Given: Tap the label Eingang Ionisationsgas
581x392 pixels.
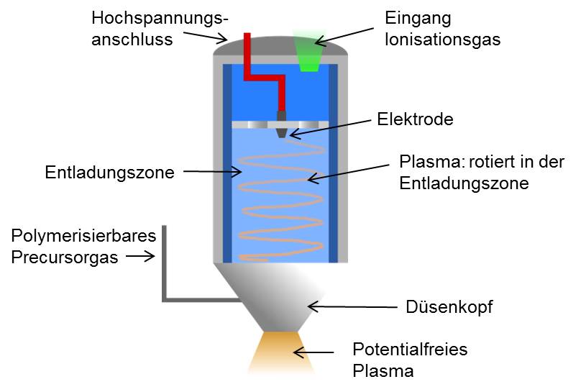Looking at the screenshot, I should click(x=443, y=27).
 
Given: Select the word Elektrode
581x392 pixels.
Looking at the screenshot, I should click(x=416, y=119).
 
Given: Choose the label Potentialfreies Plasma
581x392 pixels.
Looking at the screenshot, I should click(x=410, y=360).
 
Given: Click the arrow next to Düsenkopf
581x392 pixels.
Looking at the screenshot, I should click(x=352, y=307).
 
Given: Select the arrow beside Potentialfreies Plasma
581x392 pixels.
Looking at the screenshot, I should click(x=316, y=352).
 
